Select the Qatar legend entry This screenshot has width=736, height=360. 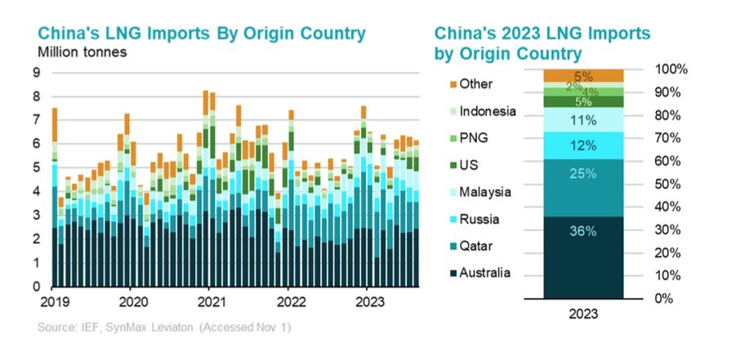pos(476,246)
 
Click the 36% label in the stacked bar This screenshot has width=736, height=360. pos(583,230)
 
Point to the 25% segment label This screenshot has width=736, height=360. pos(583,174)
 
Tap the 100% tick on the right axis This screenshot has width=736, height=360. pos(671,69)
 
